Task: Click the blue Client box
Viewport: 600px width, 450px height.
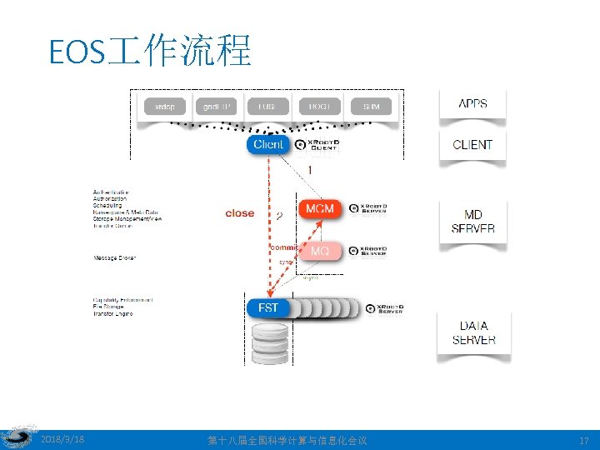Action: click(268, 145)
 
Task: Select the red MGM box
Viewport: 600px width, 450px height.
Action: click(320, 208)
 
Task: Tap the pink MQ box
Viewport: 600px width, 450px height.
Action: click(320, 251)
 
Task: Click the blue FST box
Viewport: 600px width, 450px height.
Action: click(268, 308)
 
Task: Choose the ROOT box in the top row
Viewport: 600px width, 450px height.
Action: click(320, 107)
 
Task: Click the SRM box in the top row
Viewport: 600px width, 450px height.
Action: click(372, 107)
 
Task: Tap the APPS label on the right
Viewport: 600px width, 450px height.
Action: click(472, 104)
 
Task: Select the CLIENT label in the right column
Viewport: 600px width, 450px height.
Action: click(472, 145)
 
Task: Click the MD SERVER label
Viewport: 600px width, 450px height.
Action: click(472, 222)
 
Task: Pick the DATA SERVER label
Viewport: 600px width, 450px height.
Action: click(473, 332)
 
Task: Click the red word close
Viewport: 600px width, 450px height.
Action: click(240, 213)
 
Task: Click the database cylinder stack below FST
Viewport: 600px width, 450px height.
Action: click(268, 342)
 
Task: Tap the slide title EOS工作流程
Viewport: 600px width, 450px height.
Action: click(150, 52)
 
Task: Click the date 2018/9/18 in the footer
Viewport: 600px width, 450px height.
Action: click(62, 439)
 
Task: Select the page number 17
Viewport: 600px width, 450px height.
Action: click(582, 440)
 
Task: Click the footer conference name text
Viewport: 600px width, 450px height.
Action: click(287, 440)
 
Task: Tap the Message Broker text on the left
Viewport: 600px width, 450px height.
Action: click(114, 258)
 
